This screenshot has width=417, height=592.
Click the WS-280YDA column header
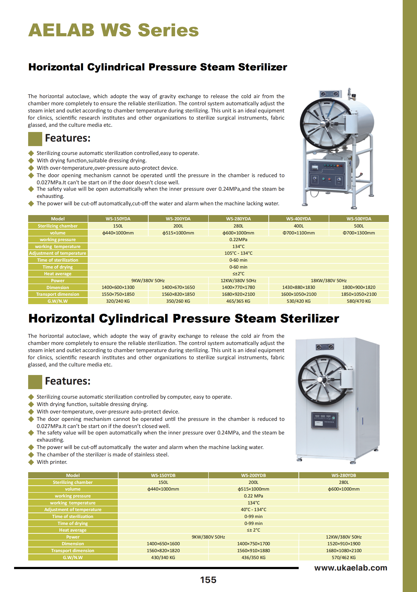[x=238, y=219]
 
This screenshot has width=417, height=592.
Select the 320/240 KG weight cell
[x=118, y=301]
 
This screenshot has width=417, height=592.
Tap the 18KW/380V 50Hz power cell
[x=328, y=280]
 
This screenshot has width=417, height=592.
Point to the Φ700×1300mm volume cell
[x=359, y=233]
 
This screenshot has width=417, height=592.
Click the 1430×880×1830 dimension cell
[x=298, y=287]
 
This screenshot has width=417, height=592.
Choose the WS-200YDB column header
[x=253, y=475]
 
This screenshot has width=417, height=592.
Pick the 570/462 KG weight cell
[x=344, y=557]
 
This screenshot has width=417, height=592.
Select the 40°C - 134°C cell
[x=253, y=509]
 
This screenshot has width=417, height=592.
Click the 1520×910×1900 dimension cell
[x=344, y=544]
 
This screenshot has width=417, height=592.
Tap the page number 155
[x=208, y=580]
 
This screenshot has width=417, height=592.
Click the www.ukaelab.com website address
[x=350, y=568]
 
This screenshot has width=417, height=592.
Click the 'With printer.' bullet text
[x=52, y=462]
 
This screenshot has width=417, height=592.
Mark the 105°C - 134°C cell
[x=238, y=253]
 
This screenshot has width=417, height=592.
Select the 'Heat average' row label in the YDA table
[x=57, y=274]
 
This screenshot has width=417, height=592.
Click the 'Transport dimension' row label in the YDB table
[x=73, y=550]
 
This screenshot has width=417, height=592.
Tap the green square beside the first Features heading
[x=35, y=139]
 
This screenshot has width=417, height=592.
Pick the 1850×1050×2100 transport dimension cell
[x=359, y=294]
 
